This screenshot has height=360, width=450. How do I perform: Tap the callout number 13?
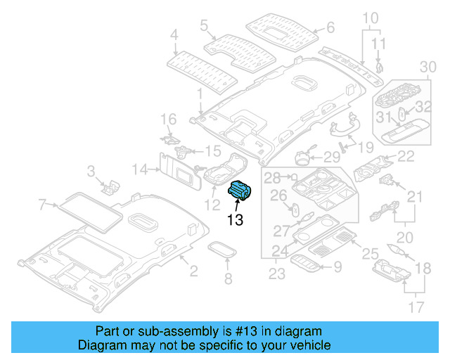[x=234, y=220]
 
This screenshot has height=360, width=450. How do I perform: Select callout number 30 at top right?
[x=427, y=67]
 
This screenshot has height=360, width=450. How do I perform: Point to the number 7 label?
[x=42, y=205]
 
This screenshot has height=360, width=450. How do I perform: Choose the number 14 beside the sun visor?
[x=140, y=169]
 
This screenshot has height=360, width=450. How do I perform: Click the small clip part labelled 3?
[x=110, y=186]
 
